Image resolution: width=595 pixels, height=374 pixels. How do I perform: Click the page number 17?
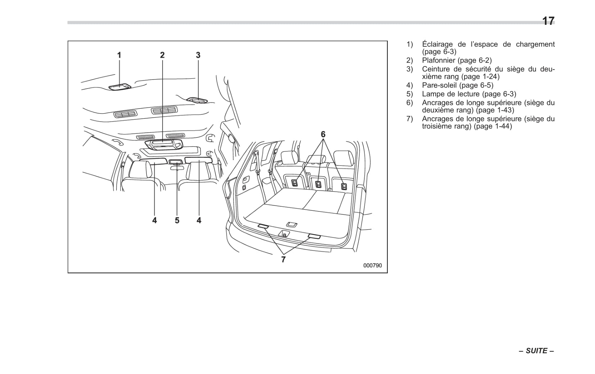[x=548, y=21]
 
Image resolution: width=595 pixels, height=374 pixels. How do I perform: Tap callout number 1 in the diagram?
[x=119, y=55]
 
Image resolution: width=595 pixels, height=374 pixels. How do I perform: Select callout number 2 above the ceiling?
[x=162, y=55]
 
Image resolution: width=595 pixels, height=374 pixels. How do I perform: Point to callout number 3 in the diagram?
[x=198, y=55]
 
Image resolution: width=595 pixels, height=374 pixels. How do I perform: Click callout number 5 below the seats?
[x=177, y=220]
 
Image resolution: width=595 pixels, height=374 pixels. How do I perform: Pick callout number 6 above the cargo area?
[x=323, y=134]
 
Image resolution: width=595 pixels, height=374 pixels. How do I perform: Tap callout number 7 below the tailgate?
[x=283, y=259]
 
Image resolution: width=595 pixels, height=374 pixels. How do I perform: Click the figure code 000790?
[x=372, y=266]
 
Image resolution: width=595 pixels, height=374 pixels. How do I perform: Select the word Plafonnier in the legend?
[x=439, y=60]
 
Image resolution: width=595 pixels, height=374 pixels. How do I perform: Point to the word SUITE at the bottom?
[x=536, y=351]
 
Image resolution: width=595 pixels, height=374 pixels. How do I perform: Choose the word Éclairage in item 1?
[x=437, y=44]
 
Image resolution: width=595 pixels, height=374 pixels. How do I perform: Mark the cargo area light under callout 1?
[x=119, y=87]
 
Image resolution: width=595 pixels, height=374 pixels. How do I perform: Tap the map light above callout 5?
[x=176, y=162]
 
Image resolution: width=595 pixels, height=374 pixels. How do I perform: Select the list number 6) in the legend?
[x=410, y=103]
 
